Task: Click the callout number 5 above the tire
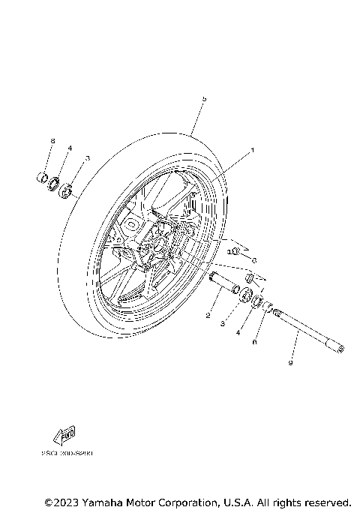203,100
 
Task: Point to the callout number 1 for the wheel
253,150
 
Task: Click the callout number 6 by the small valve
254,259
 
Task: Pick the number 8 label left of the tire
52,141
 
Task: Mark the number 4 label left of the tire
70,149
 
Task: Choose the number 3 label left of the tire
88,158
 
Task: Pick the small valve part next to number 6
234,251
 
